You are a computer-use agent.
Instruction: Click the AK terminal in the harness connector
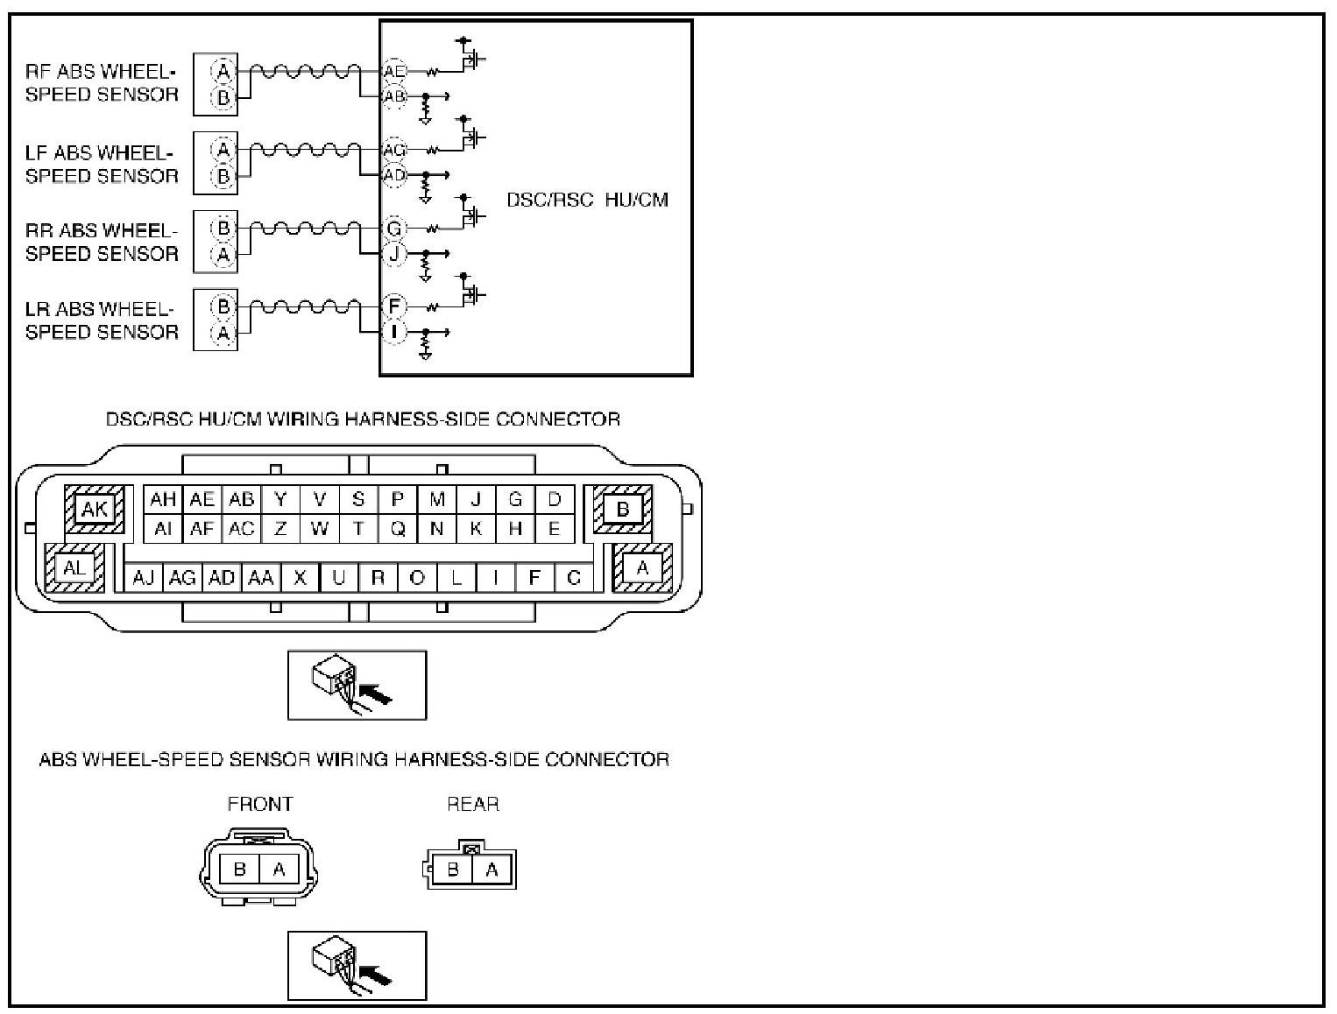pyautogui.click(x=95, y=509)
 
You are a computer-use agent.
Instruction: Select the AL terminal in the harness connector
pyautogui.click(x=75, y=568)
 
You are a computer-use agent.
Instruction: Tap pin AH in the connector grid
pyautogui.click(x=163, y=500)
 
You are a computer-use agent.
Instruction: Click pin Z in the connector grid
pyautogui.click(x=280, y=529)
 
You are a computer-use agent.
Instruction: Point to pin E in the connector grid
pyautogui.click(x=554, y=529)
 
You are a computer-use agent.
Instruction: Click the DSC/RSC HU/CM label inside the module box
pyautogui.click(x=587, y=200)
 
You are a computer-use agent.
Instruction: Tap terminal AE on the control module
pyautogui.click(x=394, y=71)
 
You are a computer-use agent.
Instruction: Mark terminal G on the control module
pyautogui.click(x=394, y=229)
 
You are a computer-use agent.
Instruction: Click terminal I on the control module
pyautogui.click(x=394, y=332)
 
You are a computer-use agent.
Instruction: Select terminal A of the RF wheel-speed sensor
pyautogui.click(x=223, y=71)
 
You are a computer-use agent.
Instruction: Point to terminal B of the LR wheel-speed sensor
pyautogui.click(x=223, y=306)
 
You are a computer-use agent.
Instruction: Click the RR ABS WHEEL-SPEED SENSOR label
pyautogui.click(x=102, y=243)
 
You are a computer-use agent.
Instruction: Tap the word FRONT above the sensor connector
pyautogui.click(x=260, y=804)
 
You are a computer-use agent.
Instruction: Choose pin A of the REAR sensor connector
pyautogui.click(x=492, y=870)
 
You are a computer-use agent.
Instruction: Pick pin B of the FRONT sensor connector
pyautogui.click(x=240, y=870)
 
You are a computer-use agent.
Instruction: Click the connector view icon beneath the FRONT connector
pyautogui.click(x=357, y=965)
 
